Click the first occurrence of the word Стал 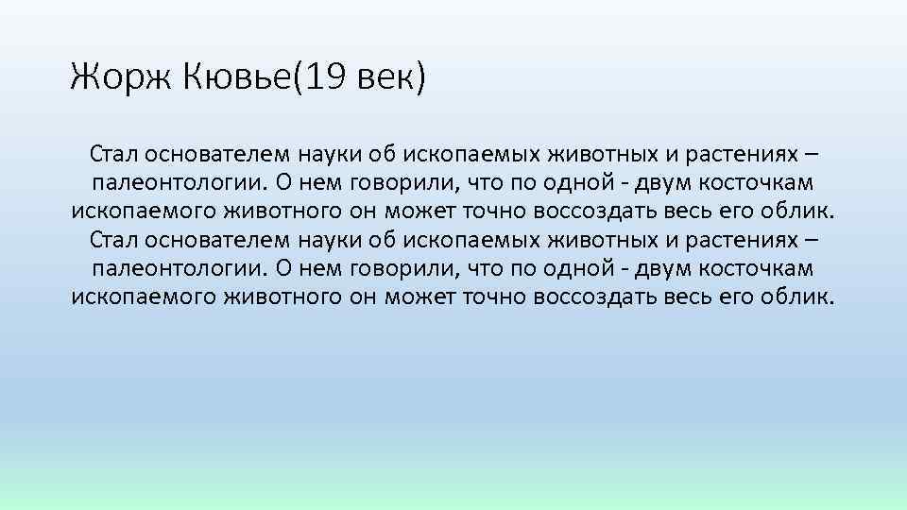click(112, 151)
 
